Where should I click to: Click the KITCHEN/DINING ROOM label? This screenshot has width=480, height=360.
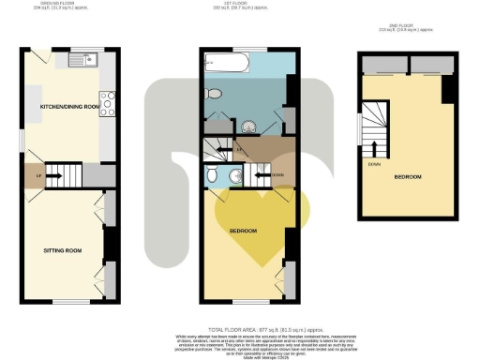[68, 107]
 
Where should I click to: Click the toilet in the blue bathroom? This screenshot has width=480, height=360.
[215, 92]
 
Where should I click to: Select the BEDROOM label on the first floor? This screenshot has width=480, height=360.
[243, 230]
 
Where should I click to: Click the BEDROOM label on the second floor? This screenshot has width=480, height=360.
[407, 176]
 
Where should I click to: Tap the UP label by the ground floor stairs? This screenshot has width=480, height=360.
[37, 174]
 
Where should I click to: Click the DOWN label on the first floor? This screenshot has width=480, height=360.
[278, 175]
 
